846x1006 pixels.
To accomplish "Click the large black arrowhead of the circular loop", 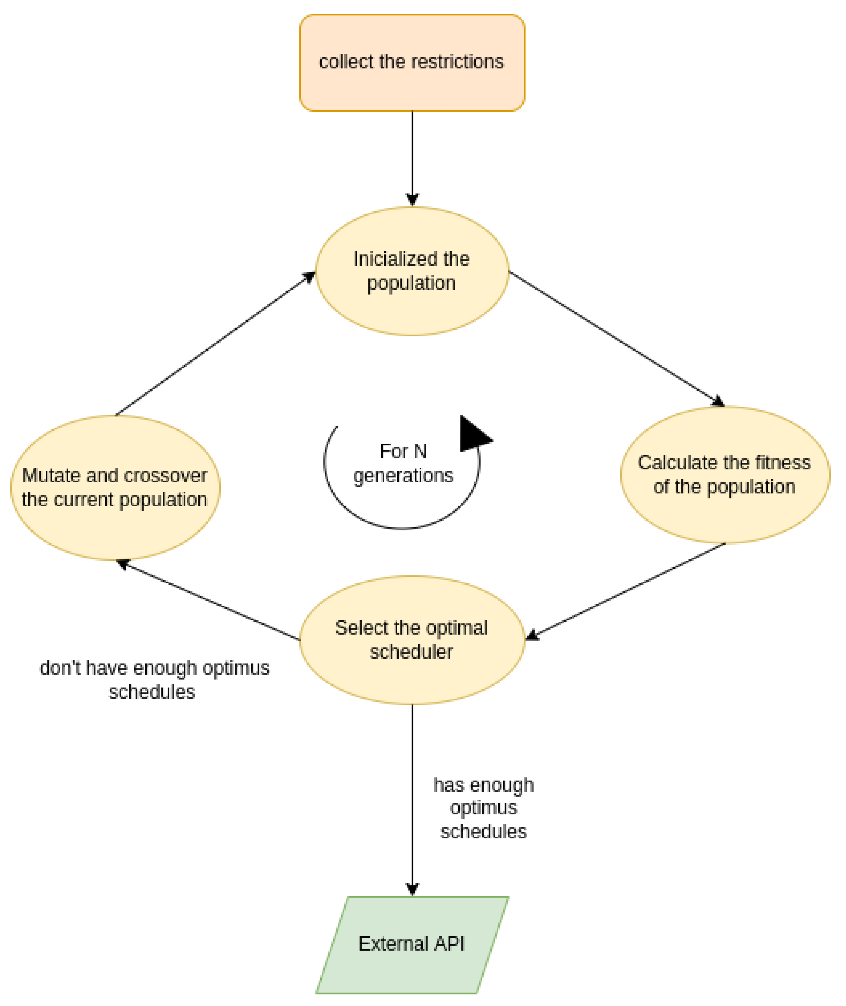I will (x=472, y=435).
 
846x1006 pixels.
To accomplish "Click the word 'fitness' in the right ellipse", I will (x=783, y=463).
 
